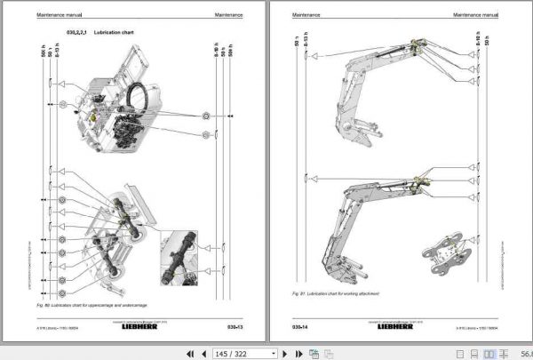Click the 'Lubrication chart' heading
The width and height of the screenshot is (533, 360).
click(115, 33)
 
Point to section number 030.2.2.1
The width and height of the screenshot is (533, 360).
click(79, 33)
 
